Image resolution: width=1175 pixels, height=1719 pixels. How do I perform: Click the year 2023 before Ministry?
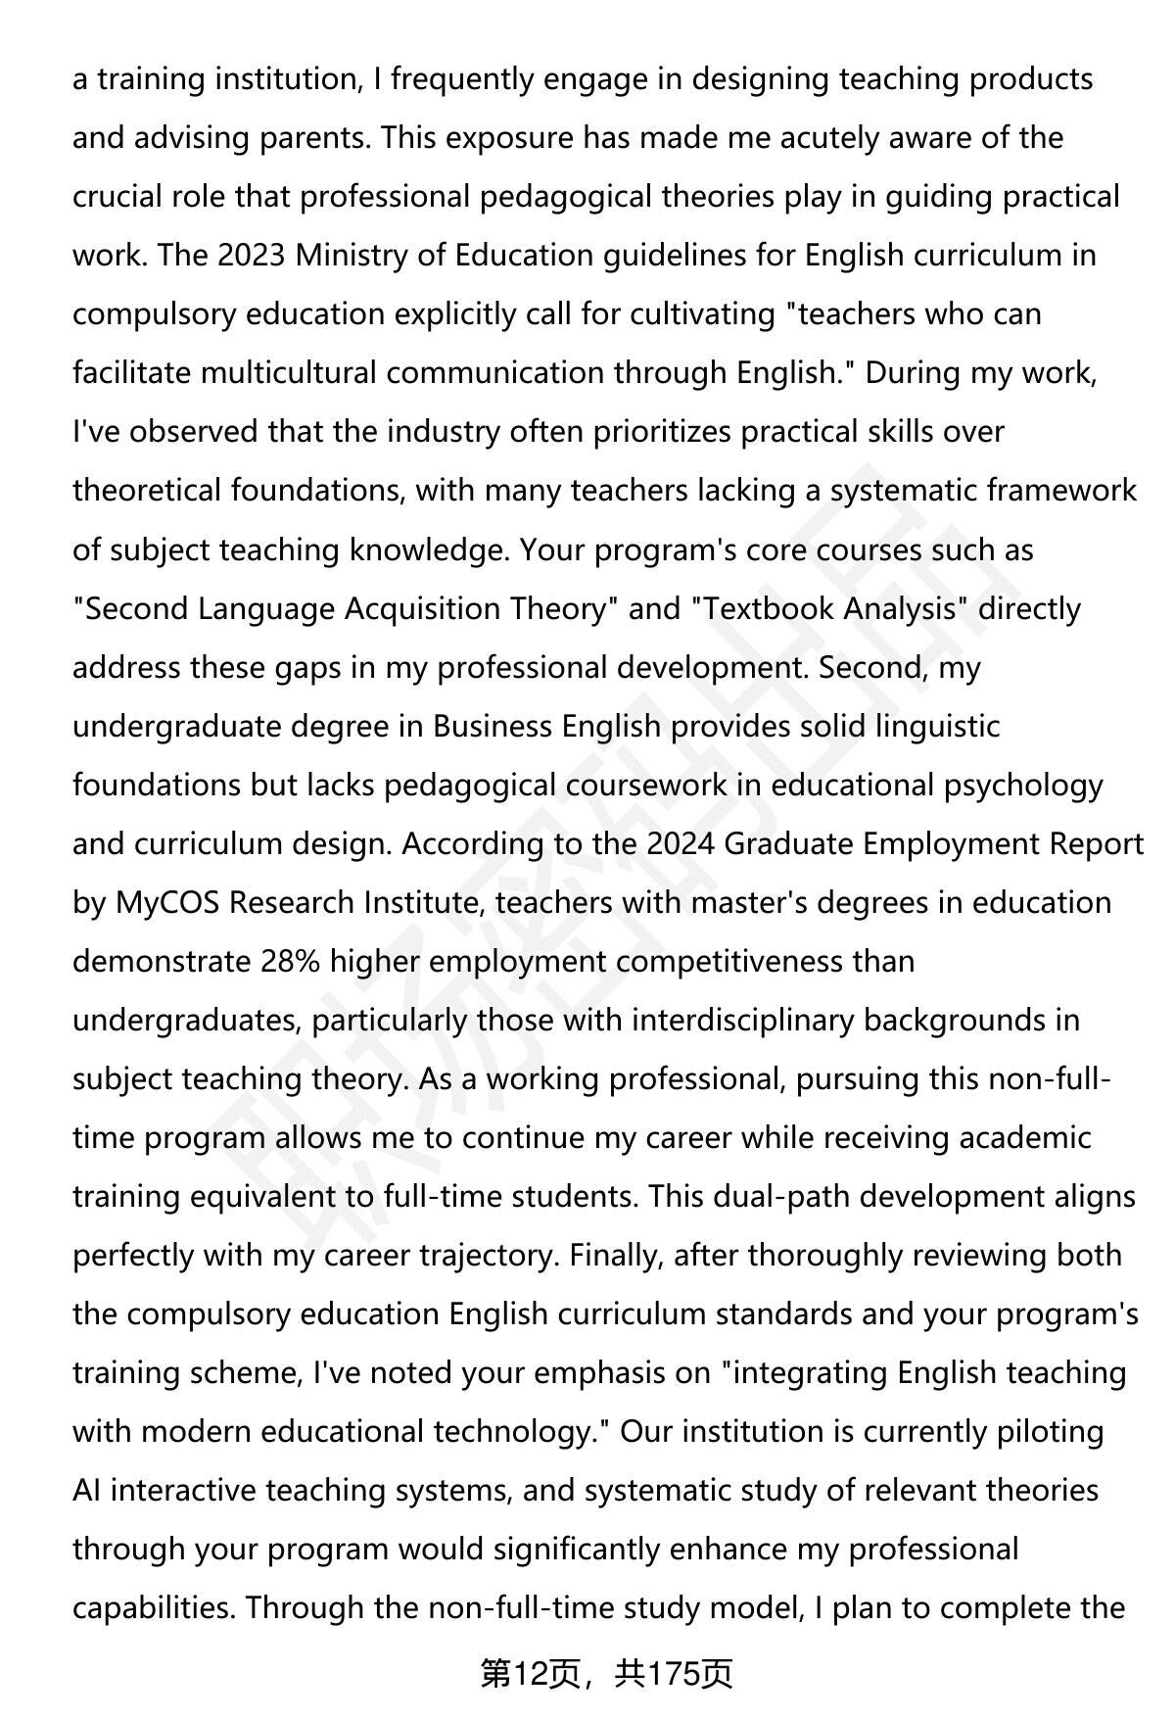coord(252,256)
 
